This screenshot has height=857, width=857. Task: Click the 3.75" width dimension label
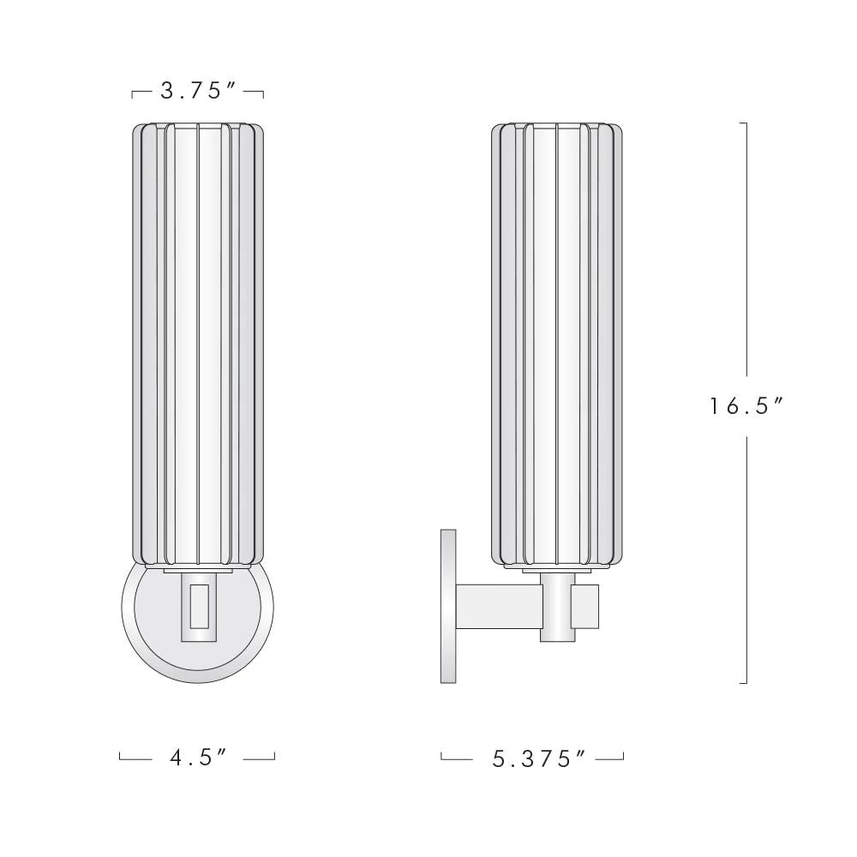coord(198,91)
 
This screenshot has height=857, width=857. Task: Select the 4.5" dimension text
coord(198,758)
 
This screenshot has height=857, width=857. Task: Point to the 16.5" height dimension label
coord(746,405)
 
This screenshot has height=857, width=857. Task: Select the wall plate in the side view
coord(447,606)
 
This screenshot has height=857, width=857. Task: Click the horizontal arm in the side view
coord(497,604)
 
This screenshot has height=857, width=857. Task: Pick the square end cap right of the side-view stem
coord(586,604)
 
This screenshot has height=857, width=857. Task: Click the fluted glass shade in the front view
coord(198,343)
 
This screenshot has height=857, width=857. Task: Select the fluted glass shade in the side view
coord(556,343)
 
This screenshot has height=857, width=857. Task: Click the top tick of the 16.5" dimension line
coord(744,123)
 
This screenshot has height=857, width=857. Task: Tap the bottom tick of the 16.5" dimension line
coord(744,683)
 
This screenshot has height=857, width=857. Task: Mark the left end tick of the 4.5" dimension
coord(121,756)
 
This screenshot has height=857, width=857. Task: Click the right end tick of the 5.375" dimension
coord(623,756)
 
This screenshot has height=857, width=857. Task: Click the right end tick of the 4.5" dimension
coord(274,756)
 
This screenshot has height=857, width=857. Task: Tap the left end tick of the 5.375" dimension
coord(441,756)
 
